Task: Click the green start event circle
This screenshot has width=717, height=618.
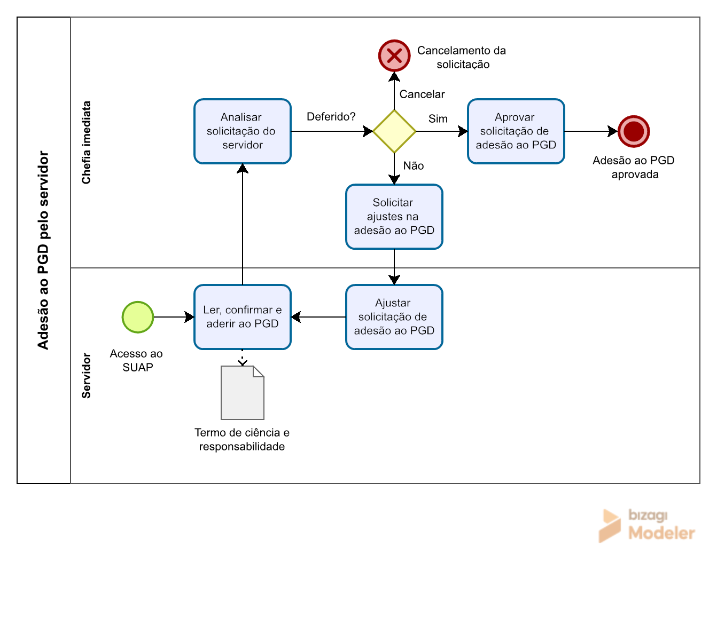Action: pos(138,317)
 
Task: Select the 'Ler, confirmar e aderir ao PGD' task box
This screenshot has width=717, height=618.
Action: pos(243,317)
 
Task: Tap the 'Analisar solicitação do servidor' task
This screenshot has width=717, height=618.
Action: pos(243,131)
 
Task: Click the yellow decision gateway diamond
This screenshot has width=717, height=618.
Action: pos(394,131)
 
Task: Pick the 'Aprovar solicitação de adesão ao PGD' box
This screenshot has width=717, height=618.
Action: pos(516,131)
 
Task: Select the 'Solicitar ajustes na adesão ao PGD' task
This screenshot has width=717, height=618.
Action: pos(394,217)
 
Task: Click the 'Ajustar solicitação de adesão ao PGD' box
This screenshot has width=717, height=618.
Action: pos(394,317)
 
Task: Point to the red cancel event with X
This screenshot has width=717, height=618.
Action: pos(394,56)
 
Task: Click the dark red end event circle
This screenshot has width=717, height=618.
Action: pos(634,131)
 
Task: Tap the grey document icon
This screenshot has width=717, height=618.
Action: pos(243,392)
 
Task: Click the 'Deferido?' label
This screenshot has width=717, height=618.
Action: pos(331,117)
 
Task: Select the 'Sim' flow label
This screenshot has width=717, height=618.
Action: pos(438,119)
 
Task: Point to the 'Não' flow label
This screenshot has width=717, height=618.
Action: pos(413,165)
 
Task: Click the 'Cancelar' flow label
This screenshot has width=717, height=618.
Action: pos(422,94)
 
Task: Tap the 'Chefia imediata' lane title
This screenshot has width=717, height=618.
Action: pos(86,142)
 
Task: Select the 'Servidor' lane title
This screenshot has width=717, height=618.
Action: pos(86,376)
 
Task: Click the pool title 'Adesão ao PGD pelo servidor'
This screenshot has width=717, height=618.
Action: pos(44,250)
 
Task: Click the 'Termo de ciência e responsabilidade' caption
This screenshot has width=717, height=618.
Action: pos(242,440)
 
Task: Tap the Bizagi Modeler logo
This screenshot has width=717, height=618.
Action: pos(647,526)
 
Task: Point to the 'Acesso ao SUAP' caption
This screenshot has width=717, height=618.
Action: pos(136,360)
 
